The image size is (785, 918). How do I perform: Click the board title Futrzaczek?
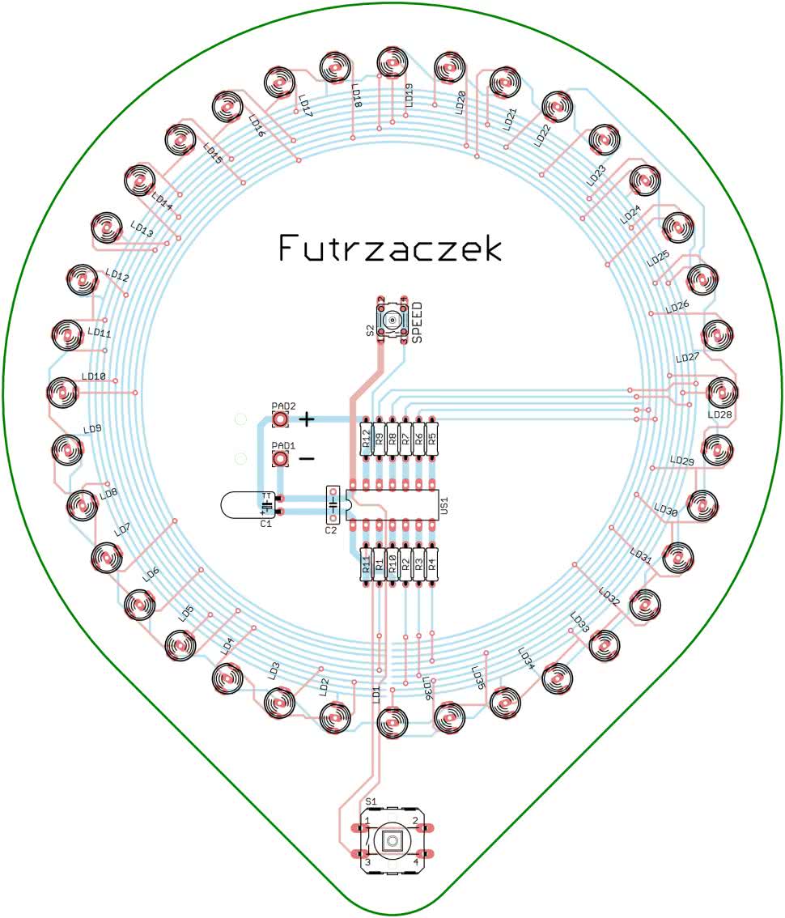[x=390, y=249]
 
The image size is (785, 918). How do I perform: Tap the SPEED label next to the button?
[x=418, y=328]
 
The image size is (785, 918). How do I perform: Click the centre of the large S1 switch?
[x=392, y=841]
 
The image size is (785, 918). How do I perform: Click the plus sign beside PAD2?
[x=308, y=419]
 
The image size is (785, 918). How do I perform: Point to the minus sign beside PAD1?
[x=308, y=459]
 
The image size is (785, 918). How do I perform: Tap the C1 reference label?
[x=265, y=524]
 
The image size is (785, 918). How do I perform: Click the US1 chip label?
[x=443, y=507]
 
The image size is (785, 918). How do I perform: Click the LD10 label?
[x=94, y=377]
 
